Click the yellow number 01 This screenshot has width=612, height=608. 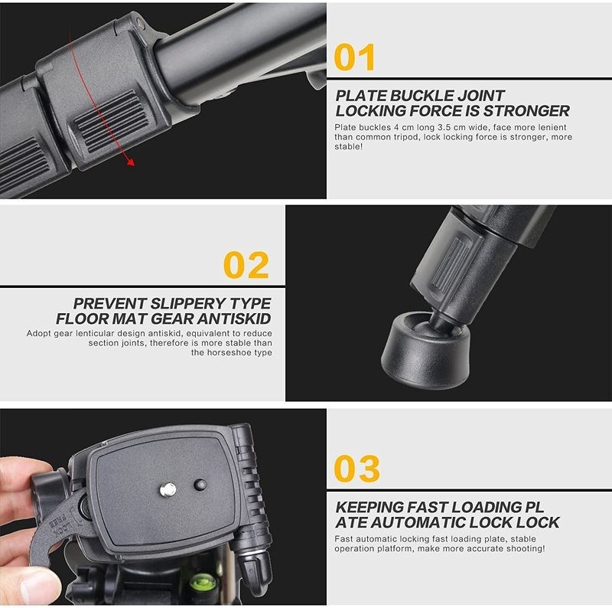[x=356, y=57]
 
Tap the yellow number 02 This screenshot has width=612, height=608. [x=246, y=265]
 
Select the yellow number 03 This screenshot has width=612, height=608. [x=357, y=469]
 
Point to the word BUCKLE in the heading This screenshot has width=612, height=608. [x=427, y=96]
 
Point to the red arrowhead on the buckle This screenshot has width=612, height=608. [x=132, y=162]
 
